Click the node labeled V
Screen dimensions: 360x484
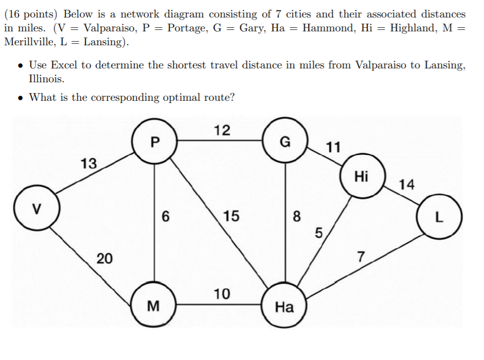click(x=35, y=209)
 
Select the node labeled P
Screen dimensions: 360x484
click(x=155, y=141)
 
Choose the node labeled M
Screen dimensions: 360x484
click(x=153, y=307)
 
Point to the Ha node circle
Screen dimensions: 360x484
click(x=284, y=307)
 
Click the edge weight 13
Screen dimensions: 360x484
click(x=88, y=164)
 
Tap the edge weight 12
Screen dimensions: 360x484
click(x=222, y=130)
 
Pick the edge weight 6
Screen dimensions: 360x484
click(x=165, y=217)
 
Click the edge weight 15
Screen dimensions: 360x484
click(x=231, y=217)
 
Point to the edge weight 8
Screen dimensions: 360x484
click(x=296, y=217)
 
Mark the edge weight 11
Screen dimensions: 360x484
click(x=333, y=148)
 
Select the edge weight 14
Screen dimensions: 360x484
click(x=406, y=184)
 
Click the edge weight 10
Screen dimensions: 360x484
click(x=222, y=294)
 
